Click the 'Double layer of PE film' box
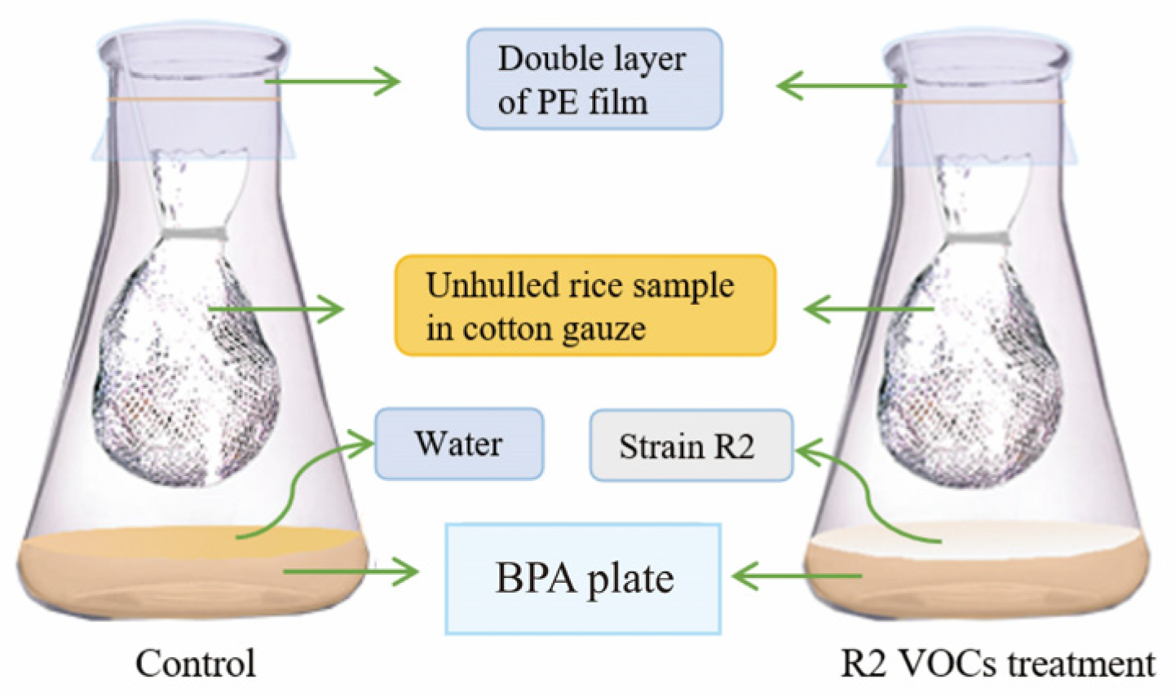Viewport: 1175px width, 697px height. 594,79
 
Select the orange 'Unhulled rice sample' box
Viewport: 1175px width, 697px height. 585,306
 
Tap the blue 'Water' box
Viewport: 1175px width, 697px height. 458,443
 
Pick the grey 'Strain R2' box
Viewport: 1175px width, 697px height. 690,446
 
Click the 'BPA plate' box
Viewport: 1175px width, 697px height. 583,579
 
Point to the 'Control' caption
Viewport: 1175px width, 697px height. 196,663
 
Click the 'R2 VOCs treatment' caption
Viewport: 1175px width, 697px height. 998,663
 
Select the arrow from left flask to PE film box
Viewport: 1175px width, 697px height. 334,82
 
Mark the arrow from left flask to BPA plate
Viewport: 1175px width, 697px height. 351,571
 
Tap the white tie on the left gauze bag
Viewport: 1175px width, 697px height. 196,234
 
